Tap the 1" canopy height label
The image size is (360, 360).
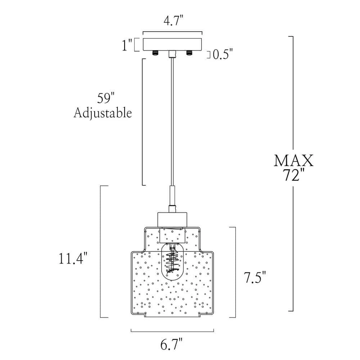[127, 46]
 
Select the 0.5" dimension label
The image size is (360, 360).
[223, 54]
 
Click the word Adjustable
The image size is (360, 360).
[103, 113]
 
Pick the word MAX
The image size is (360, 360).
[293, 160]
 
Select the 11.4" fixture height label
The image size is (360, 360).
[73, 258]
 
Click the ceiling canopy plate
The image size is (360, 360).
[173, 44]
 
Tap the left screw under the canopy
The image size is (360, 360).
[156, 53]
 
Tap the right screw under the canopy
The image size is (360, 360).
[189, 53]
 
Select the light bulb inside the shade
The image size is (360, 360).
[172, 263]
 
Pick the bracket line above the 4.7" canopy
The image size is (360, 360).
[173, 31]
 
